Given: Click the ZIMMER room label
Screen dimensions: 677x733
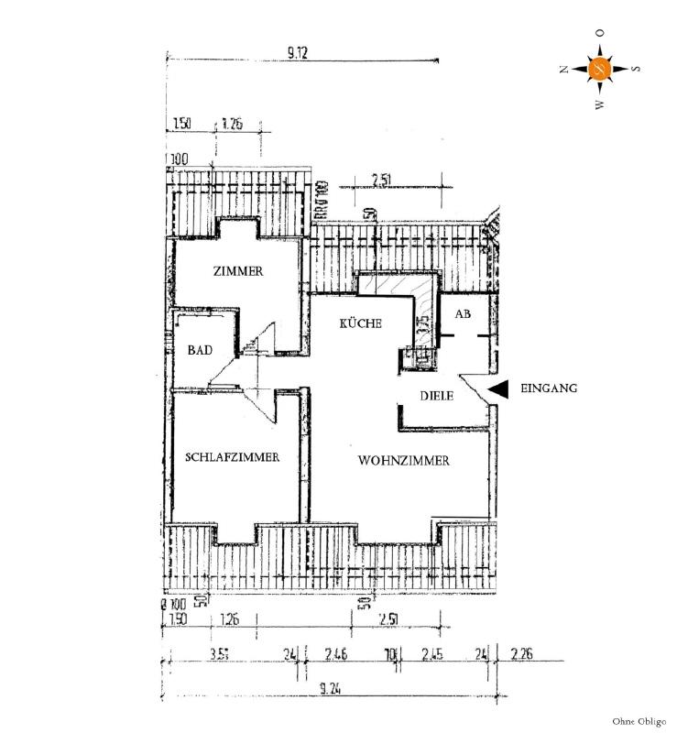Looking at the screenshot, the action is [x=238, y=272].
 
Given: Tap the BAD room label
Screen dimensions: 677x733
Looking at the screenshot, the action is [x=201, y=350].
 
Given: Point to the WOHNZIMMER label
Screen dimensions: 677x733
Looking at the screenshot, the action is [x=404, y=462].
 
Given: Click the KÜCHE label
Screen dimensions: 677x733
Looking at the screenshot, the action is [x=360, y=324].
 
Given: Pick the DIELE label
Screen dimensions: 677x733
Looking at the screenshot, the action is [x=437, y=396].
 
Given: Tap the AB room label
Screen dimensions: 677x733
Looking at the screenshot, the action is [x=464, y=314].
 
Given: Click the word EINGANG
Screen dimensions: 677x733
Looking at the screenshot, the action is [x=549, y=388].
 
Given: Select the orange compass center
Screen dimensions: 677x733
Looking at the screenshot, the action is [x=600, y=69].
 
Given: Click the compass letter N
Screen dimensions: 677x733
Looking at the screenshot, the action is [x=565, y=69].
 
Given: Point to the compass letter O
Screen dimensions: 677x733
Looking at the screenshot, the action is [x=600, y=33].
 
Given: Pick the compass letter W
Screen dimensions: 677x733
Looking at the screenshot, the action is [x=600, y=104].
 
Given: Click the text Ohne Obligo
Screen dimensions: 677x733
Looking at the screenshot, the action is [x=638, y=722].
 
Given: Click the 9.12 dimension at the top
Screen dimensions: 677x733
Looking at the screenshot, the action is [x=296, y=54].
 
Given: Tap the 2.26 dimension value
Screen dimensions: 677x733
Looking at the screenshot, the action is [x=522, y=654].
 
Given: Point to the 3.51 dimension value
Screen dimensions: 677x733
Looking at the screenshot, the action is [x=218, y=654].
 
